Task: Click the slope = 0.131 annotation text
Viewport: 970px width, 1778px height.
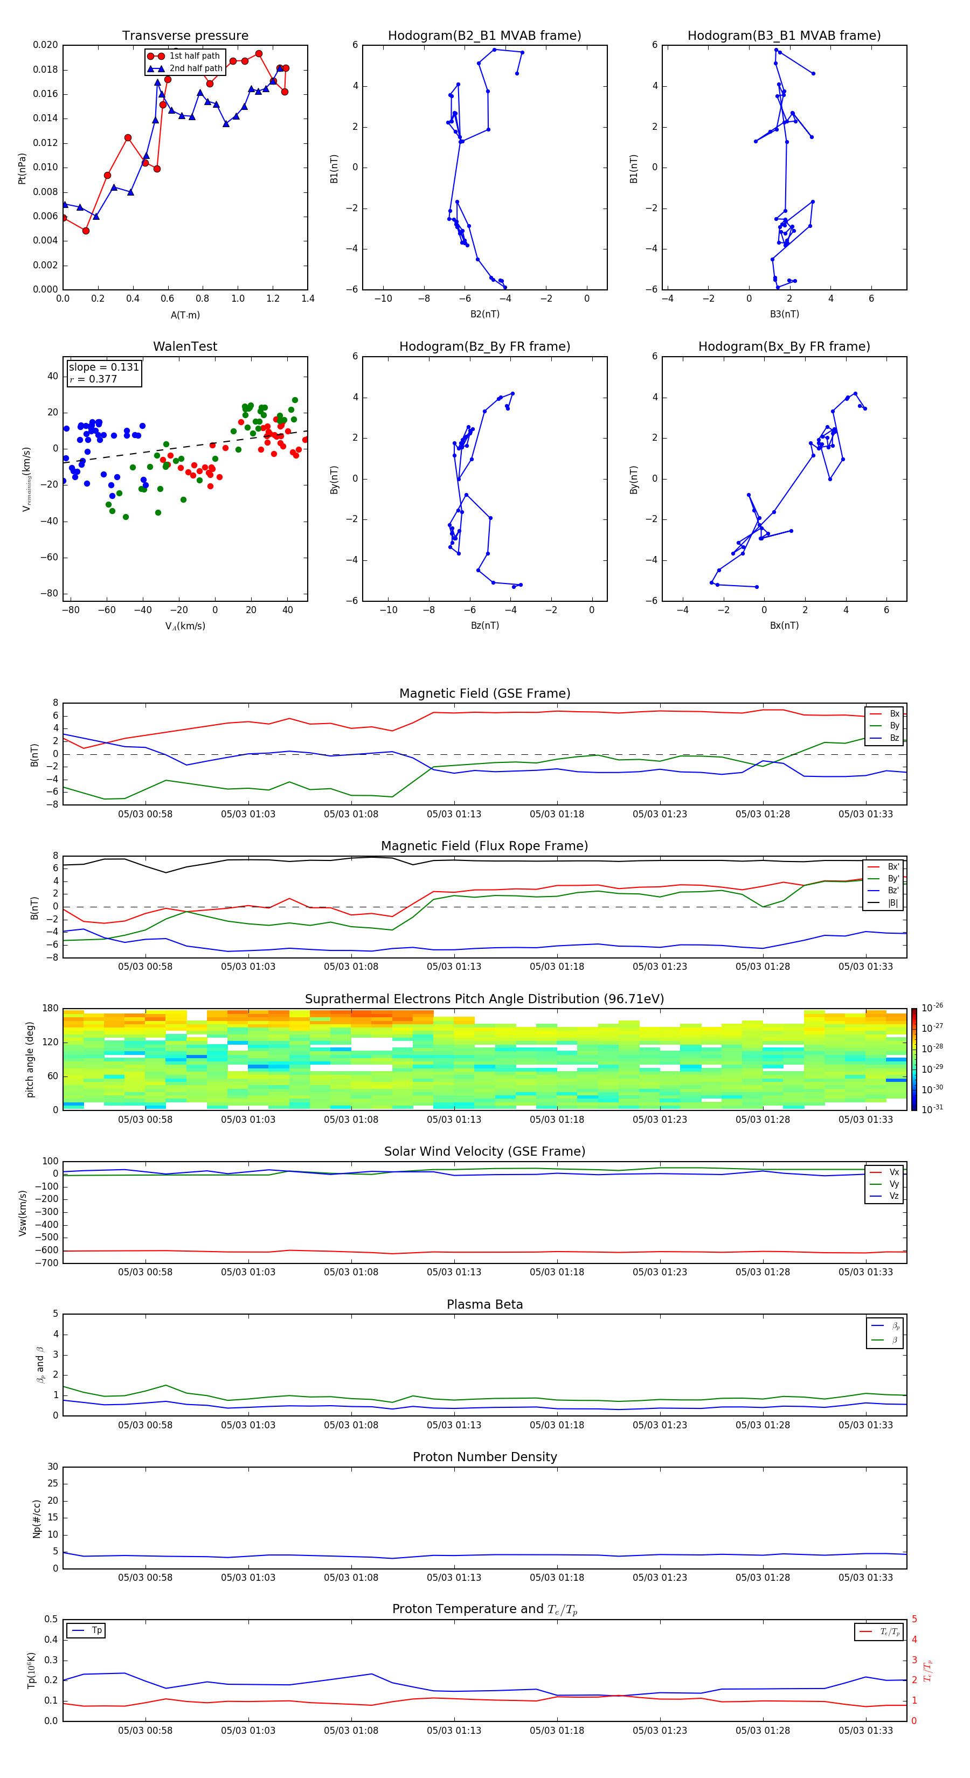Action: coord(103,367)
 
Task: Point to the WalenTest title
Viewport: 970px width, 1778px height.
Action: coord(185,346)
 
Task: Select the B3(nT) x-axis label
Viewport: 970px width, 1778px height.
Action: coord(784,314)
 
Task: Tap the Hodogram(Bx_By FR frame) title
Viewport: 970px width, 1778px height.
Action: coord(784,346)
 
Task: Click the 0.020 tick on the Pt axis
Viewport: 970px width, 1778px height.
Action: coord(46,45)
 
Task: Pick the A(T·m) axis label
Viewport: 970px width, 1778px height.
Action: coord(185,315)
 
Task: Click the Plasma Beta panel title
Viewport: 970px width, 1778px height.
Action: coord(484,1304)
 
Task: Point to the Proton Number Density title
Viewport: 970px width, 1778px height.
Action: coord(484,1457)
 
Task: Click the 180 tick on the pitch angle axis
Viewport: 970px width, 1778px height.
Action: coord(50,1009)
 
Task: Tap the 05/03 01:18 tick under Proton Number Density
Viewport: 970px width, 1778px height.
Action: coord(557,1577)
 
